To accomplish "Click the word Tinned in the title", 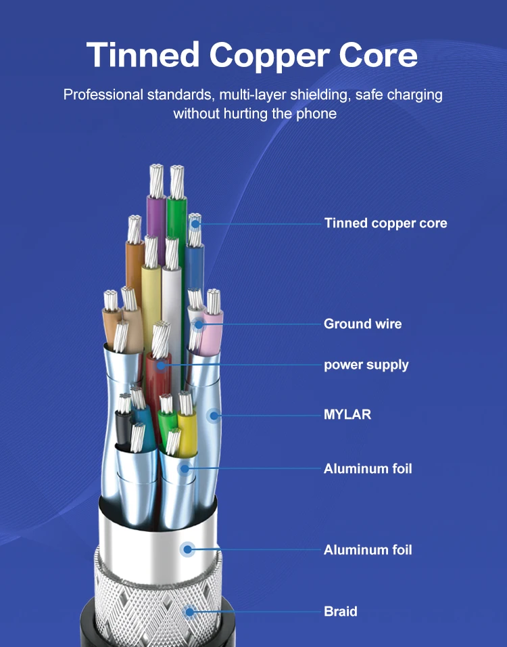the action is click(143, 54).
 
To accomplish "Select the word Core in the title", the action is click(379, 54).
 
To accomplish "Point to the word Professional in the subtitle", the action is click(103, 94).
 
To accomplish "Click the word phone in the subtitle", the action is click(314, 113).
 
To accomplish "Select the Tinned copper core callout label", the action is click(385, 223).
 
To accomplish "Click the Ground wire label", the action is click(362, 323).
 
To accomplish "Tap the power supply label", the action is click(366, 365).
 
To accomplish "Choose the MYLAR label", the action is click(347, 414).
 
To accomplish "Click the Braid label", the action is click(340, 611).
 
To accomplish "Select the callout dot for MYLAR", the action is click(213, 415).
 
